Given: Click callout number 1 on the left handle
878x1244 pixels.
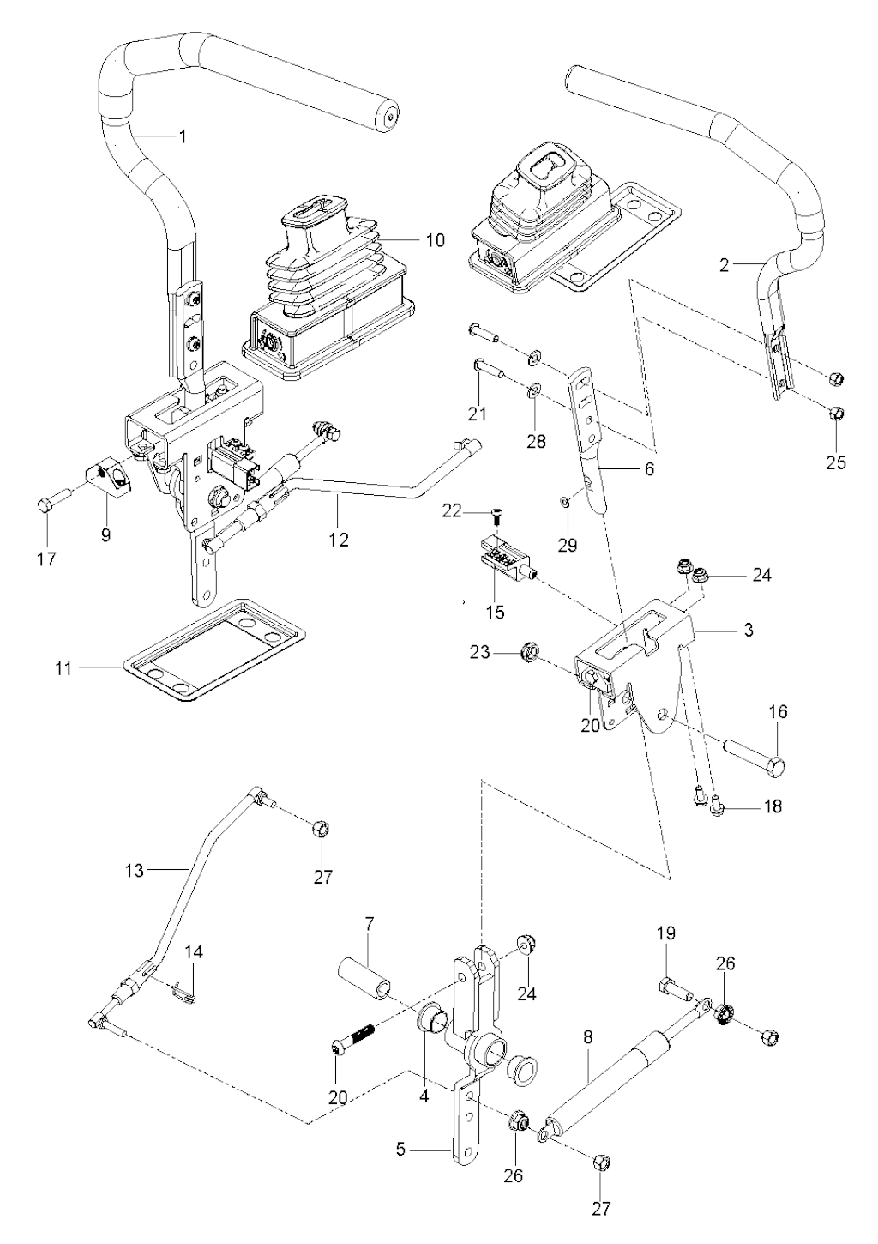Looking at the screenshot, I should [181, 136].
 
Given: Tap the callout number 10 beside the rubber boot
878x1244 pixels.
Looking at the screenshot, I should [435, 239].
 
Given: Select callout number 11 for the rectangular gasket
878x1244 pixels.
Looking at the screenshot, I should [63, 667].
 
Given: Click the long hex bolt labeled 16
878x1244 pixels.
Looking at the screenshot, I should [755, 755].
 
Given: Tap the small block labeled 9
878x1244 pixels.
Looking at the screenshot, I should [107, 477].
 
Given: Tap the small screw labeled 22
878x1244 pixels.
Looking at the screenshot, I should [496, 514].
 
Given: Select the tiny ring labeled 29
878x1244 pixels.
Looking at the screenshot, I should [565, 502].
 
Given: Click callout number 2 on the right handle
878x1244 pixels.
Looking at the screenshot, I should [725, 265].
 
